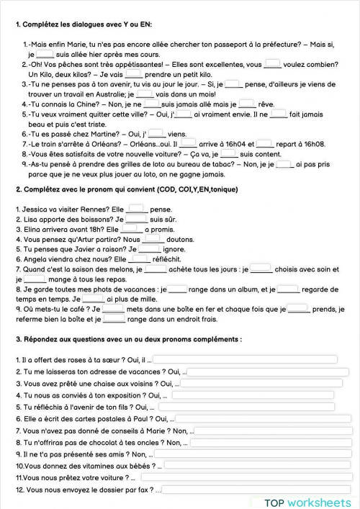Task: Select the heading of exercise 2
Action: [x=125, y=189]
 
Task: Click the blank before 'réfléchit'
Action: [x=140, y=259]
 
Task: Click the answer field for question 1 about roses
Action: [x=245, y=359]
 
